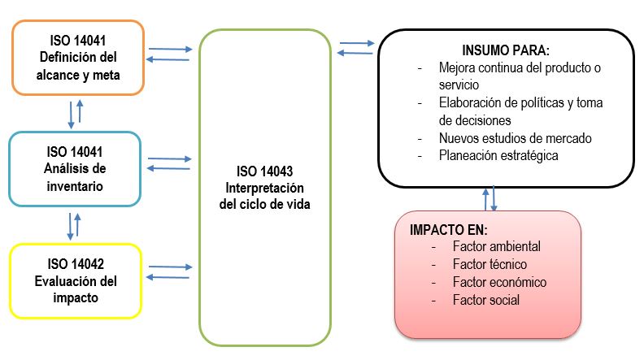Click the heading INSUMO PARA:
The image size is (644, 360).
point(506,50)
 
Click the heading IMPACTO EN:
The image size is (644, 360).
point(449,230)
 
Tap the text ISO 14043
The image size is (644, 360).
point(264,171)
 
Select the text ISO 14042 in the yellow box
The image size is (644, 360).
point(76,264)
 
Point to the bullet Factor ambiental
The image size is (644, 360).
point(497,246)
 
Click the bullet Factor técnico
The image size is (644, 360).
point(490,264)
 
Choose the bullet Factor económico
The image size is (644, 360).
point(499,282)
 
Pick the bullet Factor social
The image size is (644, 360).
point(486,300)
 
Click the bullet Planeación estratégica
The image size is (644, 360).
point(498,155)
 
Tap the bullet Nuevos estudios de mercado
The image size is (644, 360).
point(515,138)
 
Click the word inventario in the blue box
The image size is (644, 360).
point(75,186)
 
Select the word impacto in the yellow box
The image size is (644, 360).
point(76,298)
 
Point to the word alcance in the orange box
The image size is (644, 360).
point(62,75)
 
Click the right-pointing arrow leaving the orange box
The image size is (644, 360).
point(171,50)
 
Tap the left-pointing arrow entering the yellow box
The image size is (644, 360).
point(168,277)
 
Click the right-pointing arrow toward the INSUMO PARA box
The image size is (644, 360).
point(357,43)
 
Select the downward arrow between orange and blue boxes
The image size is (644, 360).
point(71,115)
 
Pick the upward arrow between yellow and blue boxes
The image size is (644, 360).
point(77,225)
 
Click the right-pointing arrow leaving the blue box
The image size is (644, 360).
point(170,158)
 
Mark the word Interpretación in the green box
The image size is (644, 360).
point(264,188)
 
